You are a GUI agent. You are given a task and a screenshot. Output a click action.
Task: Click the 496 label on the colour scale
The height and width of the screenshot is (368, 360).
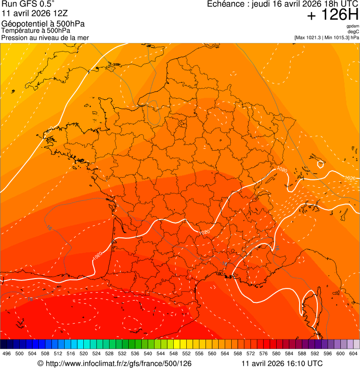click(7, 354)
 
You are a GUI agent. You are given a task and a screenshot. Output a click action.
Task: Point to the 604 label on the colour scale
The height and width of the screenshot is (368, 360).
click(353, 354)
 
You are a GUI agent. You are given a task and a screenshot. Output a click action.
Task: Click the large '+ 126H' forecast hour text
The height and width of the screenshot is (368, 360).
click(333, 15)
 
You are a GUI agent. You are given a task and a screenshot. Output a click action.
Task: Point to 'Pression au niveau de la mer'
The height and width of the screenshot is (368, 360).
click(45, 37)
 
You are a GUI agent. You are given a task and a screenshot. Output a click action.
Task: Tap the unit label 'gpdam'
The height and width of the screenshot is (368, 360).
click(353, 26)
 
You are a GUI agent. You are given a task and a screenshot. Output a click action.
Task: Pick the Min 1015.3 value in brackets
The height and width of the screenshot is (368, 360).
click(338, 37)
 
